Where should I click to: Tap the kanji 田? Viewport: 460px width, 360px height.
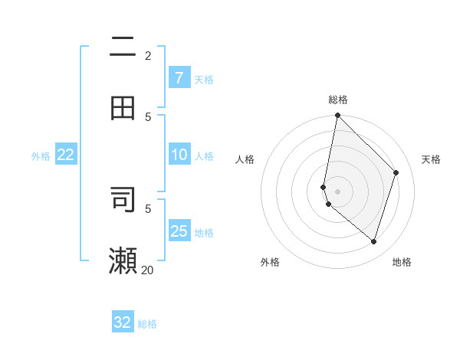tap(123, 107)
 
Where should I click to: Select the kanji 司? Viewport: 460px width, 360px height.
tap(123, 199)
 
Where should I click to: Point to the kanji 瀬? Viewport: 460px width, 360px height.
tap(123, 260)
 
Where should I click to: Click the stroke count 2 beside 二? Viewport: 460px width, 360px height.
tap(148, 55)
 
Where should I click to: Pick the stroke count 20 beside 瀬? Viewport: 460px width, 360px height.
tap(148, 270)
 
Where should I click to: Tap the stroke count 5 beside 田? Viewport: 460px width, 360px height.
tap(148, 116)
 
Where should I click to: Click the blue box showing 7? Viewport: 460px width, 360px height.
tap(179, 78)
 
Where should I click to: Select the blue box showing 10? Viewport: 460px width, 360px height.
tap(179, 155)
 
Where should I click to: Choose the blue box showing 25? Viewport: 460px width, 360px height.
tap(179, 231)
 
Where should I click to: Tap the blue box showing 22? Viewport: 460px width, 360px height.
tap(66, 155)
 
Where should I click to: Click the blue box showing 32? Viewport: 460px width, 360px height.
tap(123, 322)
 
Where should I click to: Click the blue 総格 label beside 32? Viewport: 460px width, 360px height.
tap(147, 324)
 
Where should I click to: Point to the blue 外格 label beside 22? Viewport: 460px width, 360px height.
tap(41, 156)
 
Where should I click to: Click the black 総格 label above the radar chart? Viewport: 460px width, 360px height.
tap(338, 100)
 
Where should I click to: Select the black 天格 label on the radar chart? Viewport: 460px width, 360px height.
tap(431, 159)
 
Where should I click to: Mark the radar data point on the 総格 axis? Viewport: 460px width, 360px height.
tap(337, 116)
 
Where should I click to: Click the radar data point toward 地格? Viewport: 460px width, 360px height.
tap(373, 241)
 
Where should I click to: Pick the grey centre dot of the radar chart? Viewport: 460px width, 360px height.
tap(337, 191)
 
